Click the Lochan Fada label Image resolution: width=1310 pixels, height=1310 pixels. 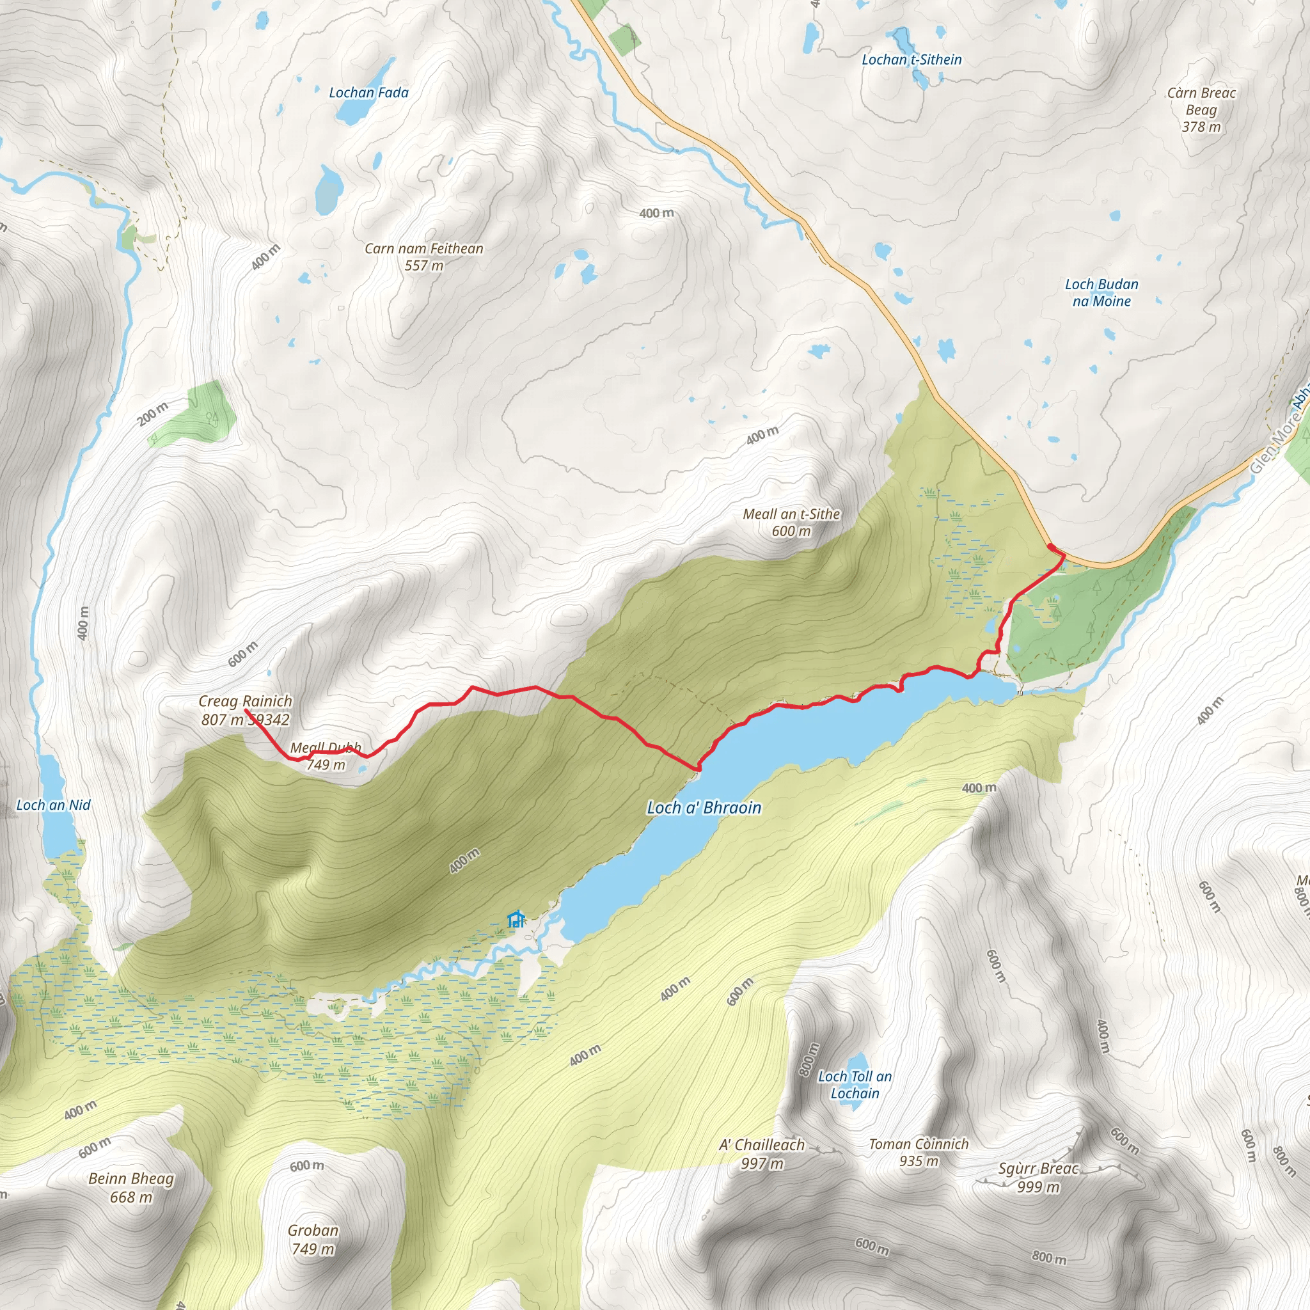tap(368, 92)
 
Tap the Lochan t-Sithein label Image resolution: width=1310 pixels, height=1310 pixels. tap(911, 59)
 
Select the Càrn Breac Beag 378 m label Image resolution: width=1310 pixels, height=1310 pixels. tap(1201, 109)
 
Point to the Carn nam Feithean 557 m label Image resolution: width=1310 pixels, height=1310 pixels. tap(424, 257)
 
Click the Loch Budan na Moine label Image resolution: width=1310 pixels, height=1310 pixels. tap(1101, 292)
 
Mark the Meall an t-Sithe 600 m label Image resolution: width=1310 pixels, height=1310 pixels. tap(791, 522)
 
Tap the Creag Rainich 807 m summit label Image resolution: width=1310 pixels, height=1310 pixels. tap(245, 709)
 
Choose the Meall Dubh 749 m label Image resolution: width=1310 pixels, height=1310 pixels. tap(326, 756)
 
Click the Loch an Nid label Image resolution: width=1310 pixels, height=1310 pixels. tap(53, 805)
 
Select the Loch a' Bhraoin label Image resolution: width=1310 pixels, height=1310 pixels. tap(704, 808)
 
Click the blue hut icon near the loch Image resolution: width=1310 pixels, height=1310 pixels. tap(516, 919)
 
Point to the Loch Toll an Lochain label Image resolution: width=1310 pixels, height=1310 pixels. tap(855, 1085)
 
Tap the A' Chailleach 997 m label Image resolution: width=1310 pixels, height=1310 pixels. tap(761, 1154)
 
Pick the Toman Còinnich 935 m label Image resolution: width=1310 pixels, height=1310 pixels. tap(919, 1152)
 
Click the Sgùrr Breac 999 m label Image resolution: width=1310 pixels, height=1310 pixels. tap(1038, 1177)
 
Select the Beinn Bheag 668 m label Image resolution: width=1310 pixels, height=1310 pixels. tap(131, 1187)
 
